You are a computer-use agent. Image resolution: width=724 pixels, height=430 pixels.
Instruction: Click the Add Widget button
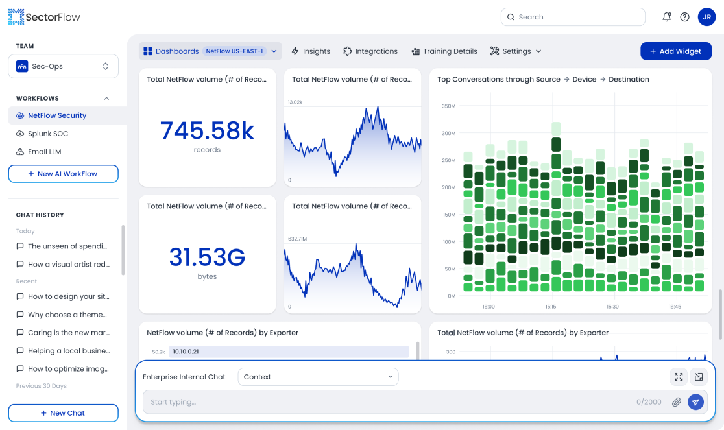click(x=675, y=51)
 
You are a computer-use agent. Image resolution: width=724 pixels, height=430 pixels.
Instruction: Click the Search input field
click(x=573, y=17)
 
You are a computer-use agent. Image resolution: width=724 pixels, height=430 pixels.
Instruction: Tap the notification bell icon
click(x=666, y=17)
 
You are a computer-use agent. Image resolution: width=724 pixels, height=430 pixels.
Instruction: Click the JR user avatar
click(x=706, y=17)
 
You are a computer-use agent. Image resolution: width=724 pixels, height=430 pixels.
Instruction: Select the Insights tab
click(x=311, y=51)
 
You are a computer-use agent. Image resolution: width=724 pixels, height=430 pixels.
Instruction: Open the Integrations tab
click(x=370, y=51)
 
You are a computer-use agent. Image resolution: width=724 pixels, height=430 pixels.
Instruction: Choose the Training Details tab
click(x=444, y=51)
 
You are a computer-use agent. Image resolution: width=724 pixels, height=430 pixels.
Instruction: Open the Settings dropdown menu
click(x=516, y=51)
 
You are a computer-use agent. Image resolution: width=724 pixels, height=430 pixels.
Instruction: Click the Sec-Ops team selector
click(x=63, y=66)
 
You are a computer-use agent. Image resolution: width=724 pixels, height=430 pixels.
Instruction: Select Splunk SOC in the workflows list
click(x=47, y=134)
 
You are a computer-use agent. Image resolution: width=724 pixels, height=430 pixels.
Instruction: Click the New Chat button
click(x=63, y=413)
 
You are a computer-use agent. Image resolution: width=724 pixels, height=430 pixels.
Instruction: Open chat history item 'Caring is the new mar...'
click(x=68, y=333)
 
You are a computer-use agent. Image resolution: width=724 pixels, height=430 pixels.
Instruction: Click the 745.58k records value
click(x=207, y=131)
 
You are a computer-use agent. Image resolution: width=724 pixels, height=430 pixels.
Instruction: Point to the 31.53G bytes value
click(x=207, y=257)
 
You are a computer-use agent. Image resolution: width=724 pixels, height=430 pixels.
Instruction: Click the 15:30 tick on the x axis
click(x=612, y=307)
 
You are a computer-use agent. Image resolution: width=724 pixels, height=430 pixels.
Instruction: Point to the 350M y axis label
click(x=448, y=106)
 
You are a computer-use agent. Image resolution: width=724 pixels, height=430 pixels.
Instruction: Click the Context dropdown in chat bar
click(x=318, y=377)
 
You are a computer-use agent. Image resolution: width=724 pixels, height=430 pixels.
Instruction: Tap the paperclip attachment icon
click(x=677, y=402)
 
